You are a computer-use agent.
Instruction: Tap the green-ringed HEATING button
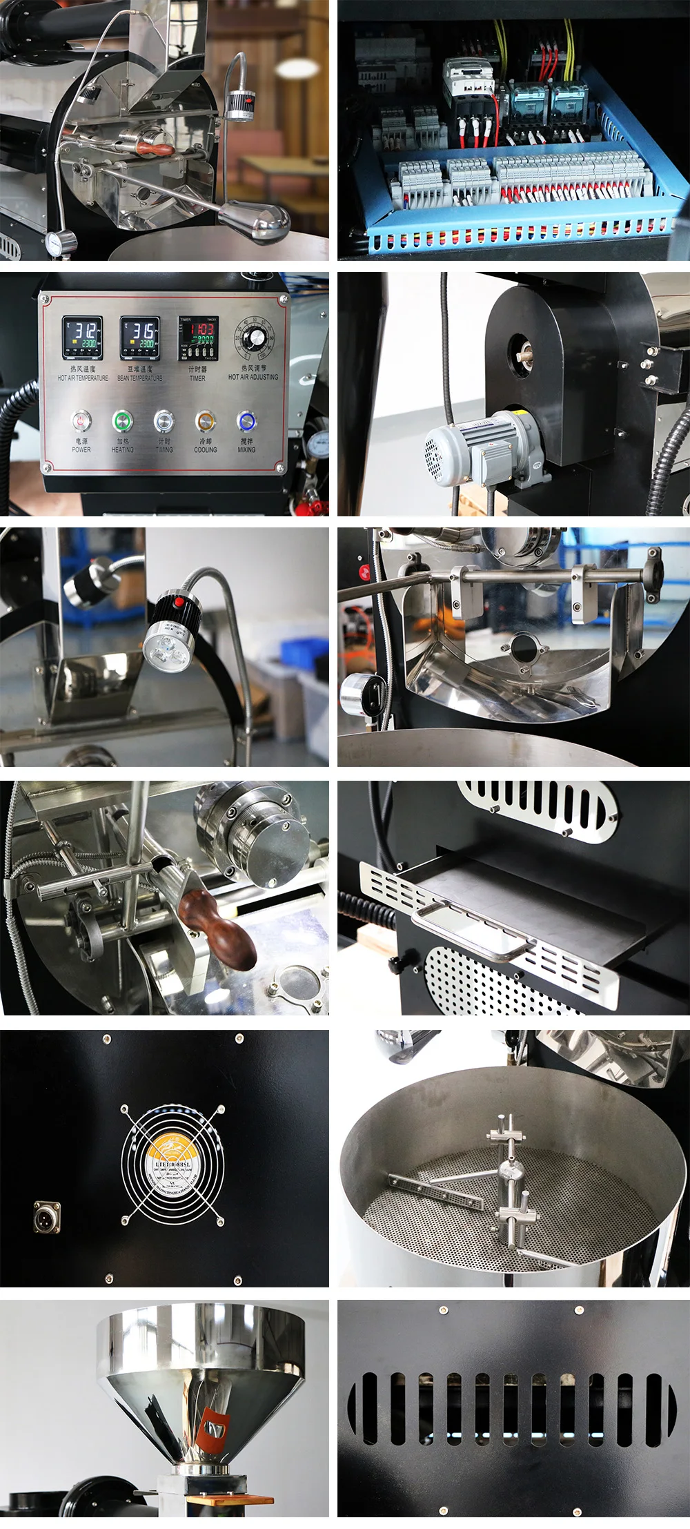coord(123,420)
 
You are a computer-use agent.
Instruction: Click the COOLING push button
coord(205,420)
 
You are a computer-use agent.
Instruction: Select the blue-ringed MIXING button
coord(246,420)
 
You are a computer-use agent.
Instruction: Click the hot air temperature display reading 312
coord(82,337)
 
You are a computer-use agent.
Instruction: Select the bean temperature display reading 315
coord(140,337)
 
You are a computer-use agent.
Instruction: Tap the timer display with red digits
coord(197,338)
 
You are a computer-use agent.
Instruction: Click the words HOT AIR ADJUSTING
coord(253,377)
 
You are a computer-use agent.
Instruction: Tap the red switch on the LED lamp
coord(180,603)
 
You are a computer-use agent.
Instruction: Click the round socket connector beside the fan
coord(47,1217)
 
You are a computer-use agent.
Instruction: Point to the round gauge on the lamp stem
coord(61,242)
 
